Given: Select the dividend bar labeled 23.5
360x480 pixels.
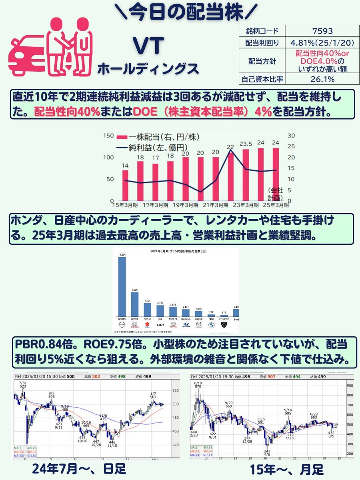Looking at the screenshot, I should click(x=245, y=175).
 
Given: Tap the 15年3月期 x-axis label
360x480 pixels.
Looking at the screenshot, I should click(x=125, y=205).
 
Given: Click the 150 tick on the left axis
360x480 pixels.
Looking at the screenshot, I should click(x=108, y=136).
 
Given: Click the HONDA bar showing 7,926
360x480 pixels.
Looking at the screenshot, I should click(x=135, y=304).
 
